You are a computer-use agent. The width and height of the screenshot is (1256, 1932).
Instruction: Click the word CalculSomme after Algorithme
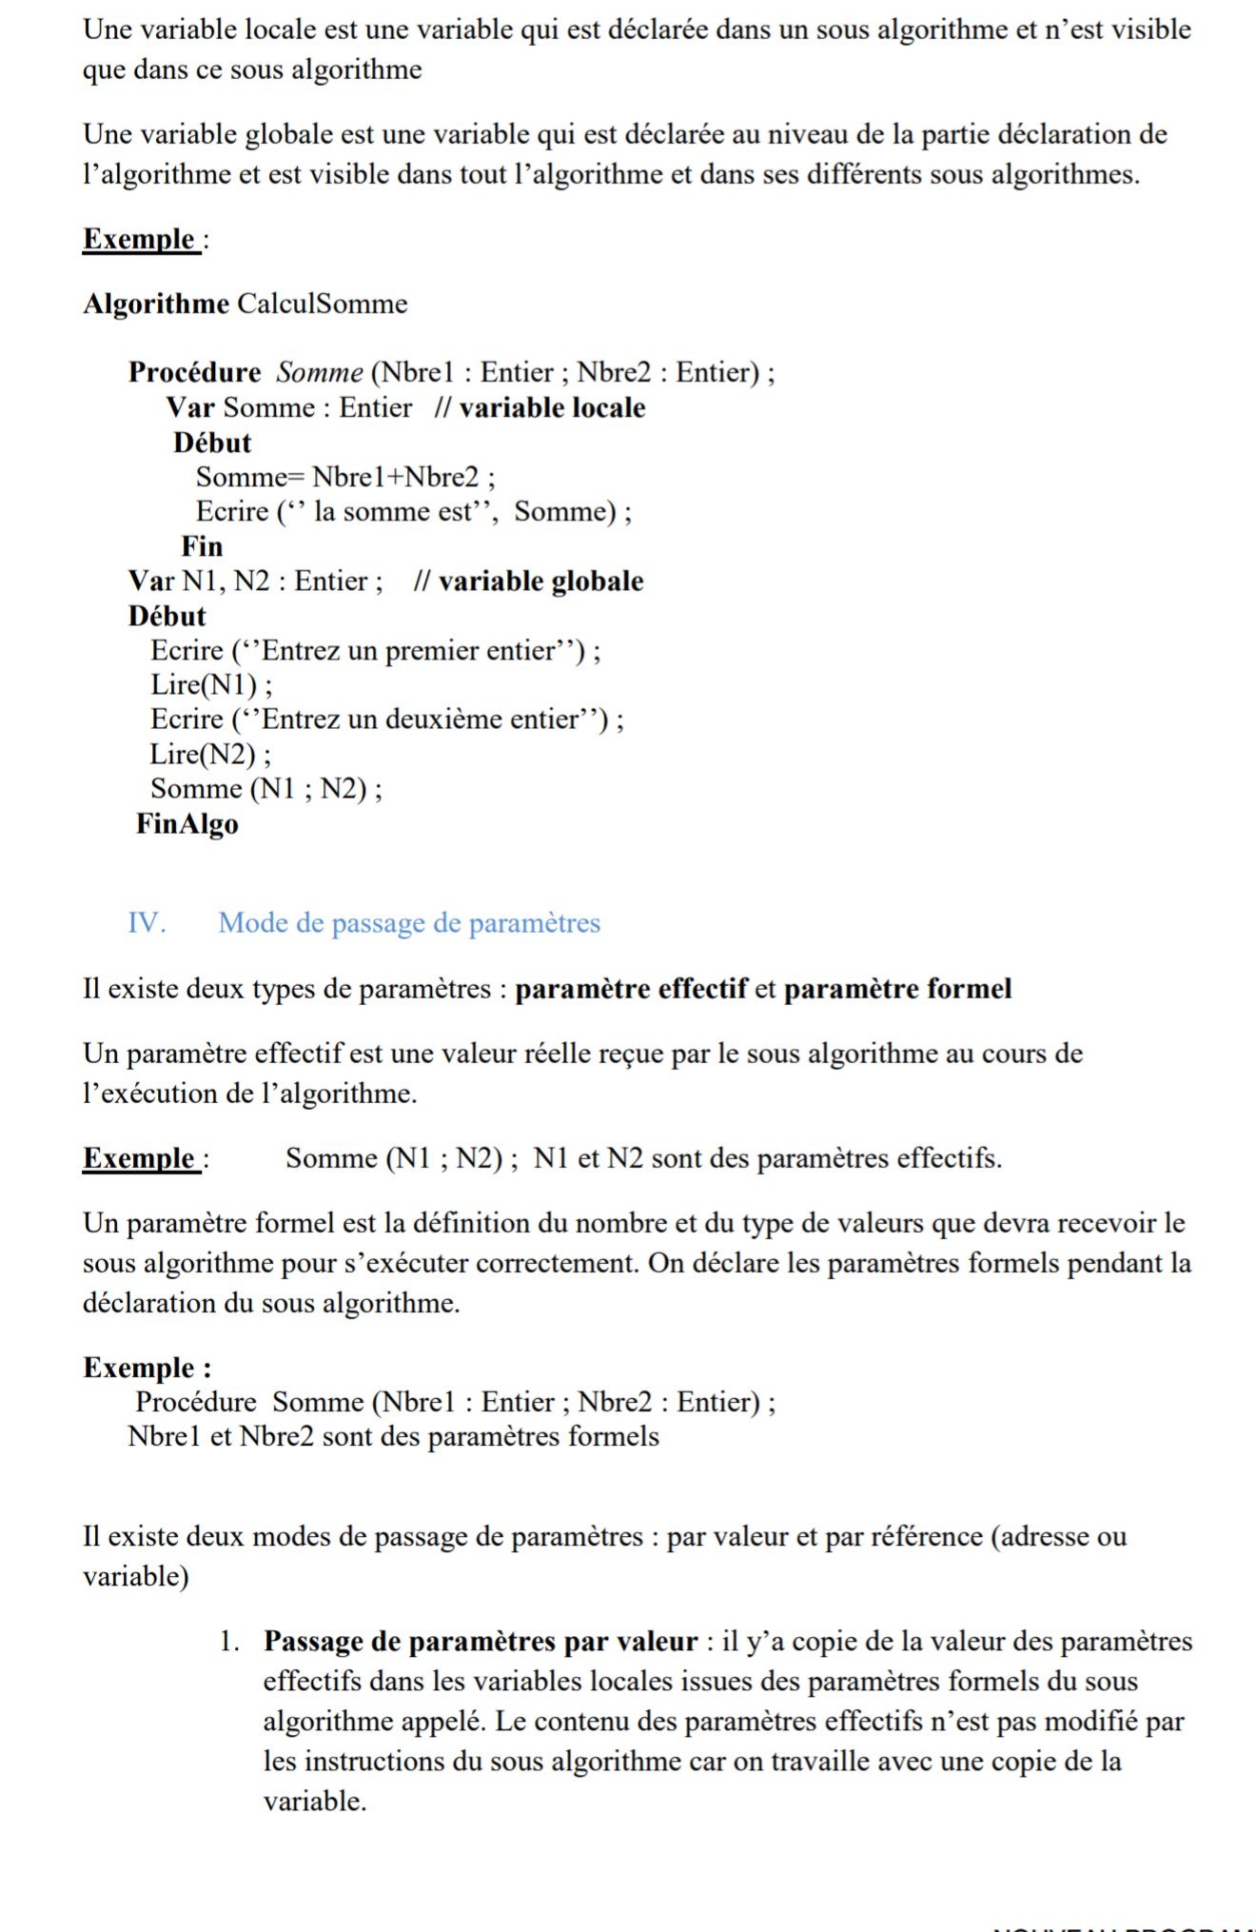click(x=322, y=304)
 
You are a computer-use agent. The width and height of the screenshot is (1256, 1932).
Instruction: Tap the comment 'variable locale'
click(x=552, y=407)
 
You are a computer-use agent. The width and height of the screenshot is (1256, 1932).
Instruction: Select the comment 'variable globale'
click(x=540, y=581)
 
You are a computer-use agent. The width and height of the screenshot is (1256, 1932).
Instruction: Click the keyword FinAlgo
click(x=186, y=823)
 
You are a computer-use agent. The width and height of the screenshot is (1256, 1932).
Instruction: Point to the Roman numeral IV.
click(x=147, y=922)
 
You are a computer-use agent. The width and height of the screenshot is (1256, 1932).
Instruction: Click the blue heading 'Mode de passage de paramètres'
click(x=409, y=922)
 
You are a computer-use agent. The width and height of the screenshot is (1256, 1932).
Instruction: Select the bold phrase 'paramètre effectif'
click(x=632, y=989)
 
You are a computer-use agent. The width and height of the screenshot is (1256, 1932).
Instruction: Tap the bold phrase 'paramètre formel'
click(x=897, y=989)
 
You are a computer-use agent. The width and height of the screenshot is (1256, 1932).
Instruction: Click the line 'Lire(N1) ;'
click(x=211, y=685)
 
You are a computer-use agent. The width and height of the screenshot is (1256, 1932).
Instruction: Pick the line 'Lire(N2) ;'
click(x=210, y=755)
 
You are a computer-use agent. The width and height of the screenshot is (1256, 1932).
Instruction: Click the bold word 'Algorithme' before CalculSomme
click(x=156, y=304)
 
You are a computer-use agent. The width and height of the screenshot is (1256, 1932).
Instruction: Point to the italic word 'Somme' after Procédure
click(x=320, y=372)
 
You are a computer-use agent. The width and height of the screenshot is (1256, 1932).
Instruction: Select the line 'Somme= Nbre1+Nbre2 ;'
click(x=345, y=477)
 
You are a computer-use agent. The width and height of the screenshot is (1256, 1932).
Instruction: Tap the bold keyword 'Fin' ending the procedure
click(x=202, y=546)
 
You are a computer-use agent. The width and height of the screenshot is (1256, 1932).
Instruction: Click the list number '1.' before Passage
click(x=228, y=1641)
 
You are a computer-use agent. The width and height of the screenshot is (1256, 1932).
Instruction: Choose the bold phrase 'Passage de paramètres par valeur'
click(x=481, y=1641)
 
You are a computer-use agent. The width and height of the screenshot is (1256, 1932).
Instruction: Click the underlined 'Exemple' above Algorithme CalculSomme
click(x=139, y=239)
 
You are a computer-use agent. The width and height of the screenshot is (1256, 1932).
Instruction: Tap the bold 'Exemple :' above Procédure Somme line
click(x=147, y=1368)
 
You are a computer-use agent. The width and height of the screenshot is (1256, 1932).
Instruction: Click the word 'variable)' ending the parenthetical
click(x=136, y=1576)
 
